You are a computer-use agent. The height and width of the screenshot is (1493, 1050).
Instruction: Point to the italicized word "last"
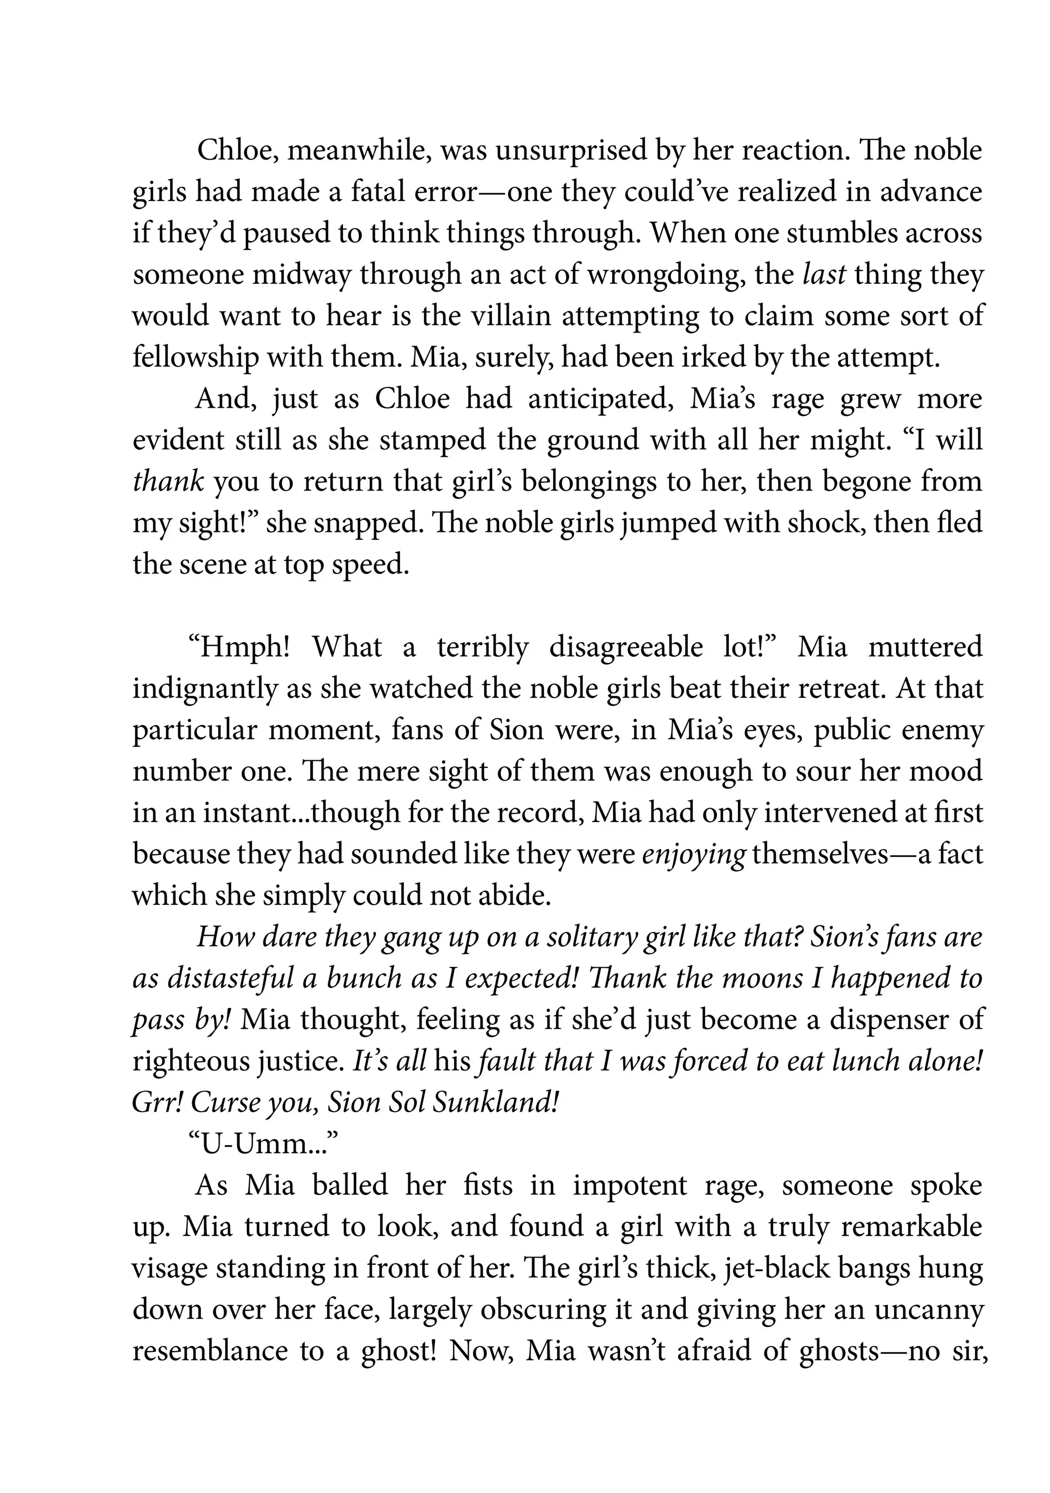(824, 275)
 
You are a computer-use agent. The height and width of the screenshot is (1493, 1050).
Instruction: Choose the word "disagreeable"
(625, 647)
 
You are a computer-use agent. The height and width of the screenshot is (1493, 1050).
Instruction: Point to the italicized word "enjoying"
(693, 854)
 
